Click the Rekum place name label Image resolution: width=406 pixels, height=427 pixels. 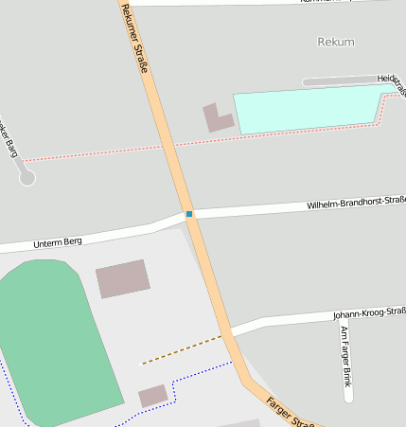[337, 43]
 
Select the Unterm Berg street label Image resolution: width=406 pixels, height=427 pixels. [58, 242]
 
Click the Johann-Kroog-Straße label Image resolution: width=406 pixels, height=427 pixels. [368, 313]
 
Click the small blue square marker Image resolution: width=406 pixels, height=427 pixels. [189, 214]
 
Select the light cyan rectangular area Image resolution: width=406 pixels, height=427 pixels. [308, 109]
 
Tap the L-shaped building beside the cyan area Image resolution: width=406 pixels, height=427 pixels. [219, 119]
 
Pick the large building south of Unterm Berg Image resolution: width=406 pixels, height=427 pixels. [123, 278]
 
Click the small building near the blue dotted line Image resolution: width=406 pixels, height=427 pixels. [153, 396]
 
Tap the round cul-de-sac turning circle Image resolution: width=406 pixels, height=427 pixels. [27, 177]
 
